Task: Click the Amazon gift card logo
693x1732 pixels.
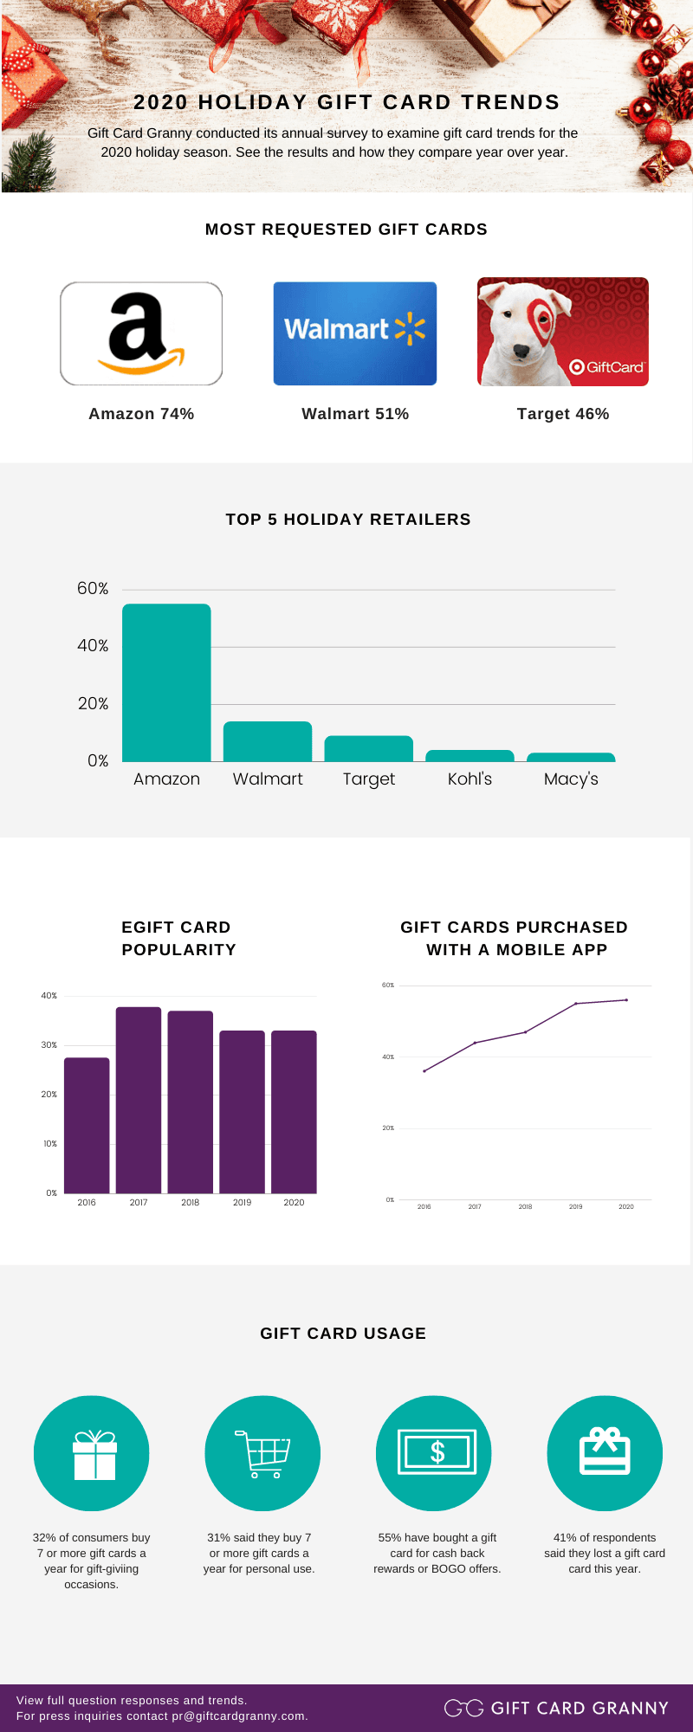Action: [141, 333]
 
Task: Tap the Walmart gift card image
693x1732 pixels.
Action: [355, 333]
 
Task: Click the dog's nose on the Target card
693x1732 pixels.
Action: [521, 351]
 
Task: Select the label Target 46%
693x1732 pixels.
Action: [563, 414]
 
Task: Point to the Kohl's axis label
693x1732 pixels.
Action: [470, 779]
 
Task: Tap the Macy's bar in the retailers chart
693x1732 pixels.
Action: [571, 758]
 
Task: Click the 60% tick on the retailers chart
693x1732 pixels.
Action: [93, 589]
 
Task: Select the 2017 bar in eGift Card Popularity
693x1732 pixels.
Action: [139, 1100]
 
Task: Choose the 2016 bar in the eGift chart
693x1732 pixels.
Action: [87, 1125]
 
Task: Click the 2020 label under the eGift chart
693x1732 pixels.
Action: [294, 1203]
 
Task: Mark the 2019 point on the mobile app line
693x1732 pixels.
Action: [576, 1004]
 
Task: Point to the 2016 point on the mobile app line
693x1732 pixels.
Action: [424, 1071]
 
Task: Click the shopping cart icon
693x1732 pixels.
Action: [262, 1454]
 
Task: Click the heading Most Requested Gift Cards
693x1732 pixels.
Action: [346, 229]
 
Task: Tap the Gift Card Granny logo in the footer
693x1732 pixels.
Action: [556, 1708]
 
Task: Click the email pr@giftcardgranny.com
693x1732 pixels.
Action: [239, 1716]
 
